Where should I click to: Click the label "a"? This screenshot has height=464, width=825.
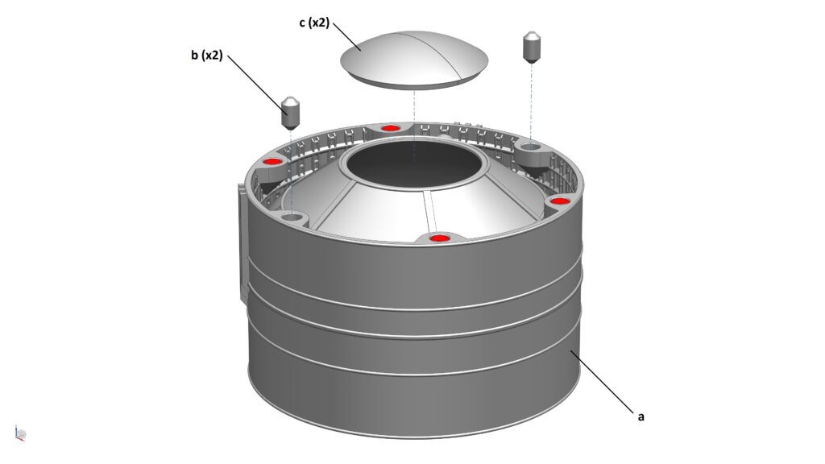click(x=641, y=416)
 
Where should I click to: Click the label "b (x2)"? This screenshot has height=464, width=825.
click(x=207, y=56)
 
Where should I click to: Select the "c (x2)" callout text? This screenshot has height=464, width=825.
click(x=314, y=23)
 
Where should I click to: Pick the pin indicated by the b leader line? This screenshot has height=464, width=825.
click(x=290, y=113)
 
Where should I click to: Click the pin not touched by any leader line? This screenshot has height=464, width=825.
click(x=531, y=48)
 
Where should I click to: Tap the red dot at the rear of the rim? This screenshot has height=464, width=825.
click(x=389, y=128)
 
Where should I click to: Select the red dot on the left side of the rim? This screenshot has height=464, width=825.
click(x=272, y=161)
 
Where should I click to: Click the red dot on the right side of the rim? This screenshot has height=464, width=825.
click(x=559, y=201)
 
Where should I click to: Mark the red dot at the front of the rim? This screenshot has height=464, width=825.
click(x=439, y=238)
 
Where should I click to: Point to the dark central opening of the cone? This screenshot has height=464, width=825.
click(x=415, y=164)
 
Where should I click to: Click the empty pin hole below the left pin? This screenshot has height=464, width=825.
click(x=292, y=216)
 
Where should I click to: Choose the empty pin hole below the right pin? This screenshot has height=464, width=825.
click(x=530, y=145)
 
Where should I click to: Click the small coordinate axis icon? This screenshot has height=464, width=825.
click(x=19, y=433)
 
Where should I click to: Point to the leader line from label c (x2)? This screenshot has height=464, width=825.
click(x=346, y=36)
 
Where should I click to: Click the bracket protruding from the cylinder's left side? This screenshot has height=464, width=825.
click(x=243, y=242)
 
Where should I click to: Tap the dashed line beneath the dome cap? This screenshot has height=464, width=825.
click(x=415, y=125)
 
